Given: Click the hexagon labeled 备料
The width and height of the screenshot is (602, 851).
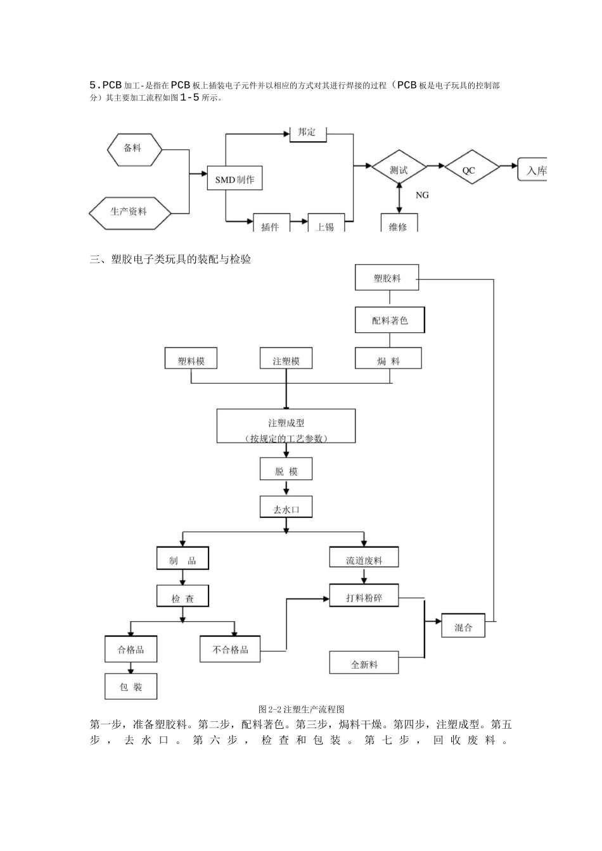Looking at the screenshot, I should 134,149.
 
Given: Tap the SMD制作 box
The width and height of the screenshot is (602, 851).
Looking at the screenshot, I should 234,179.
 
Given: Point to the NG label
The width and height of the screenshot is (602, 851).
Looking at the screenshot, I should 422,195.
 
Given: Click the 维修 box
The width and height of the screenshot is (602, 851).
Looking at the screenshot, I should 399,224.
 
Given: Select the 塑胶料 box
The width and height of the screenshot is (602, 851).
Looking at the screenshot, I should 387,278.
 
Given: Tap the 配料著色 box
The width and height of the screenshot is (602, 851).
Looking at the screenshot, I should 390,320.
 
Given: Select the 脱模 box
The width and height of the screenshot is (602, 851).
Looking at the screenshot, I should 286,470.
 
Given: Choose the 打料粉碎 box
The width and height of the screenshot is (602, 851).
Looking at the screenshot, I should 364,596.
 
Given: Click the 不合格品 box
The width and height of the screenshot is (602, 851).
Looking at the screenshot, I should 230,650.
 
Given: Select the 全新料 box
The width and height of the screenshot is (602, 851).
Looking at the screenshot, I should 364,663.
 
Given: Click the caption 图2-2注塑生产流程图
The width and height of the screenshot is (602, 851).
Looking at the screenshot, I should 302,709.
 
